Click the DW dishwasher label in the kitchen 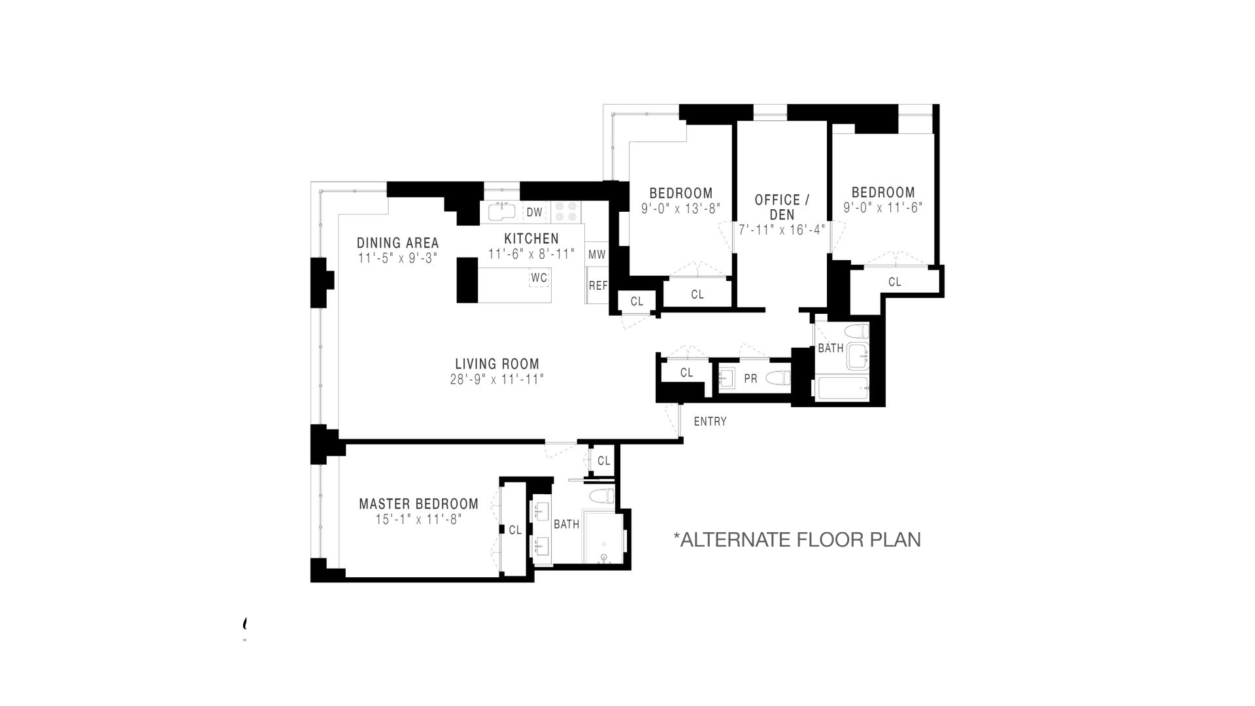coord(534,212)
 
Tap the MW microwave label coord(597,254)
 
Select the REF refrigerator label coord(598,286)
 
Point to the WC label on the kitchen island coord(539,277)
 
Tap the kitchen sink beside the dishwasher coord(502,211)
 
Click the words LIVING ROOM coord(497,364)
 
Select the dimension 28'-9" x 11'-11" coord(497,379)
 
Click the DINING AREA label coord(397,243)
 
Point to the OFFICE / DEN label coord(782,207)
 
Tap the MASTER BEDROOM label coord(418,504)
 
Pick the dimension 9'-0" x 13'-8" coord(680,209)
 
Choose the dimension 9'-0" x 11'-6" coord(882,208)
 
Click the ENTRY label coord(710,422)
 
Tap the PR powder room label coord(750,378)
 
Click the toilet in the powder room coord(778,378)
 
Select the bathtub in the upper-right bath coord(841,388)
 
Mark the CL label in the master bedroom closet coord(515,530)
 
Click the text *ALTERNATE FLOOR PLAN coord(797,540)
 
